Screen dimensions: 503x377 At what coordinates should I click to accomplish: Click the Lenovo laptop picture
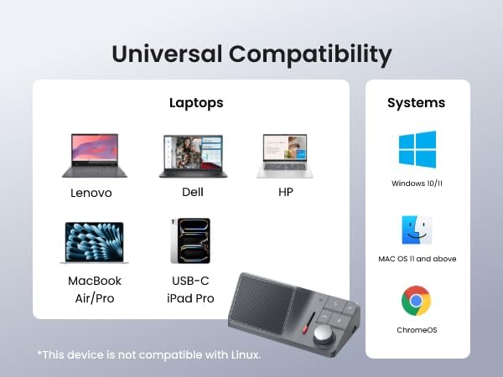coord(95,156)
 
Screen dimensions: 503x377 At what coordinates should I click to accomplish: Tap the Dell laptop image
coord(193,156)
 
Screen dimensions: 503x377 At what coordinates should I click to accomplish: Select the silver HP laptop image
coord(285,156)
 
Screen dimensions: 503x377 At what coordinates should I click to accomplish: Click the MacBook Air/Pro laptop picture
coord(94,243)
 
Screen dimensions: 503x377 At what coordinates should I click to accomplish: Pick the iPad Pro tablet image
coord(190,240)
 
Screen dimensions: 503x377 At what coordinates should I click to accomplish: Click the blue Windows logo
coord(417,149)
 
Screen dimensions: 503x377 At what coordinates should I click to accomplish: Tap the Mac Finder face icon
coord(417,230)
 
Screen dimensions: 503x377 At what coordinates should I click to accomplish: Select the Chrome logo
coord(416,301)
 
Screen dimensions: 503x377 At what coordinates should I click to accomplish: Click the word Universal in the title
coord(167,54)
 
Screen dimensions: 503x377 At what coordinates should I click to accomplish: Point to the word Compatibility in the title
coord(310,55)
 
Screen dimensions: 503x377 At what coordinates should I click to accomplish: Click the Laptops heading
coord(196,104)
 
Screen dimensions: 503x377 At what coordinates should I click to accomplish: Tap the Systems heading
coord(417,103)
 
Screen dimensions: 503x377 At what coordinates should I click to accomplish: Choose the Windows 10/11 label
coord(417,183)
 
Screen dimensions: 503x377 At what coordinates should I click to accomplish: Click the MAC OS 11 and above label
coord(417,259)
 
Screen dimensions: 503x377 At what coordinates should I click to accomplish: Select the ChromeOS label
coord(417,330)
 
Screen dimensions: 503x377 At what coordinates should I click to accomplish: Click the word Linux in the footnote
coord(246,355)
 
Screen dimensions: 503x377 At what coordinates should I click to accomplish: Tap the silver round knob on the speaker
coord(324,334)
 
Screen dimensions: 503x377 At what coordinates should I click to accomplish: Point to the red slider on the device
coord(309,323)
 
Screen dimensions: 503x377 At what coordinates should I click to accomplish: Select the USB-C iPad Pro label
coord(190,290)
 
